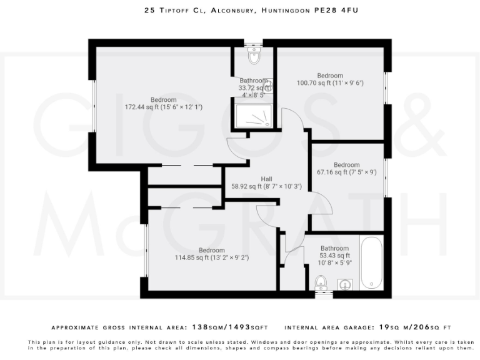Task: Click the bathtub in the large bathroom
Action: tap(371, 263)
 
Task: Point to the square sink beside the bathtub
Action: tap(344, 285)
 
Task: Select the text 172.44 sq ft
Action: tap(142, 107)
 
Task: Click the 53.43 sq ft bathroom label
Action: tap(335, 256)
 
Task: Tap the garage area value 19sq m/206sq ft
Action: tap(412, 327)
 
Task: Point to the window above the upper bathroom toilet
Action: tap(254, 45)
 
